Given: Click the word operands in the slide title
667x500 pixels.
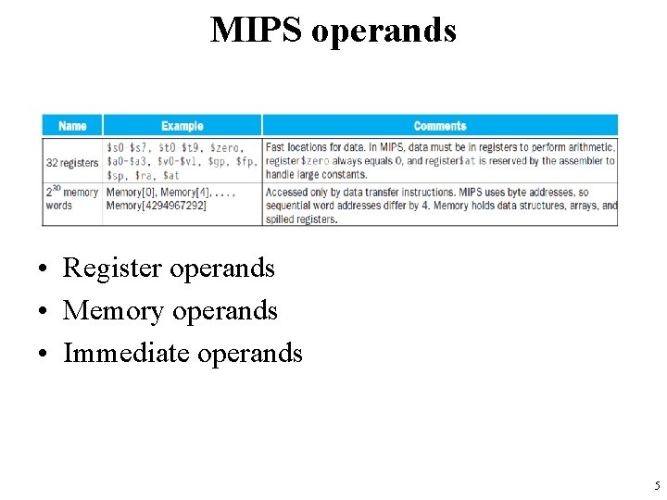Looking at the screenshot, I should click(x=384, y=30).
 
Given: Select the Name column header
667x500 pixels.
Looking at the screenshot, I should click(x=72, y=126).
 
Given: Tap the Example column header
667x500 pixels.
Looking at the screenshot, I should click(x=182, y=126).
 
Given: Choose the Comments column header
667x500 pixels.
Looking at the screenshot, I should click(x=440, y=126).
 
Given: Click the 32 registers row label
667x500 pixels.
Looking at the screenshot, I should click(x=72, y=161).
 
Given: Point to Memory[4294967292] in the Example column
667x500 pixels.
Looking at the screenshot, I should click(x=157, y=205).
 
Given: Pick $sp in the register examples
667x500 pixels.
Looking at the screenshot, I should click(x=117, y=175).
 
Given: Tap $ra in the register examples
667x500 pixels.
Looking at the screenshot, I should click(x=145, y=175).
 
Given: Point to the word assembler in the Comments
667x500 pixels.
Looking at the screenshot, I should click(x=578, y=161).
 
